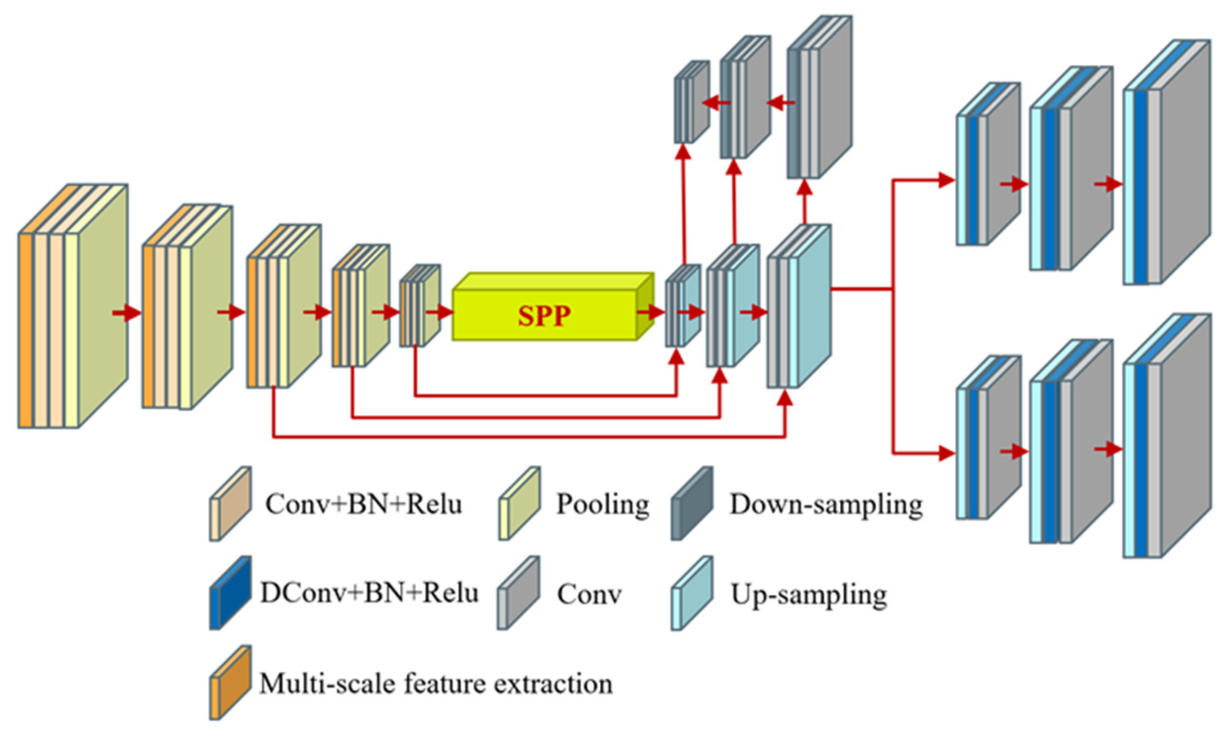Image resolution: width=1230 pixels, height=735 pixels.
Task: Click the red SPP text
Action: pos(544,315)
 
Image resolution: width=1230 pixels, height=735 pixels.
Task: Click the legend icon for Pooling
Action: pos(519,503)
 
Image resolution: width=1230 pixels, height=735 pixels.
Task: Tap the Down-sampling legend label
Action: pos(826,505)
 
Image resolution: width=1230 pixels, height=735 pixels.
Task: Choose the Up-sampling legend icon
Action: pos(692,593)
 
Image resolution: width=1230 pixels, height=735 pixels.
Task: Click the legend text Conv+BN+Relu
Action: pos(363,505)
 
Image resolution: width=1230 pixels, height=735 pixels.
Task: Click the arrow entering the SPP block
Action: pos(444,312)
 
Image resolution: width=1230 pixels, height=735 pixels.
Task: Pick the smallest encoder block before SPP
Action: pos(420,305)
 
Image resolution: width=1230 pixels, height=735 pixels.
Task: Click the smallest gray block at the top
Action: pos(692,102)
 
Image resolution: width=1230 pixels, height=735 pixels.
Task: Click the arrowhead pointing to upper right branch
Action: pos(947,180)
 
